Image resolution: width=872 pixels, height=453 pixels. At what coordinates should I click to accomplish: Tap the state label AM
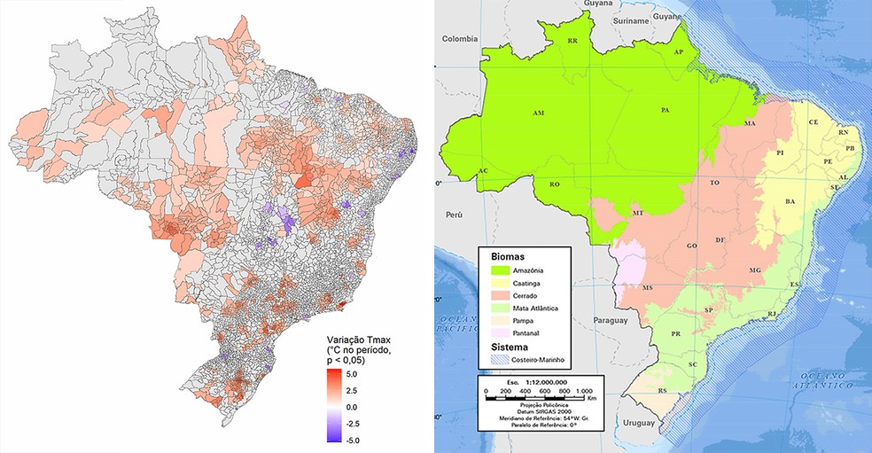point(538,114)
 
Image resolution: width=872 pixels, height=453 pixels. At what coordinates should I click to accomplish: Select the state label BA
point(789,203)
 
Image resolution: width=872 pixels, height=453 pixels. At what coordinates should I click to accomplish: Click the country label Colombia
point(460,38)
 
